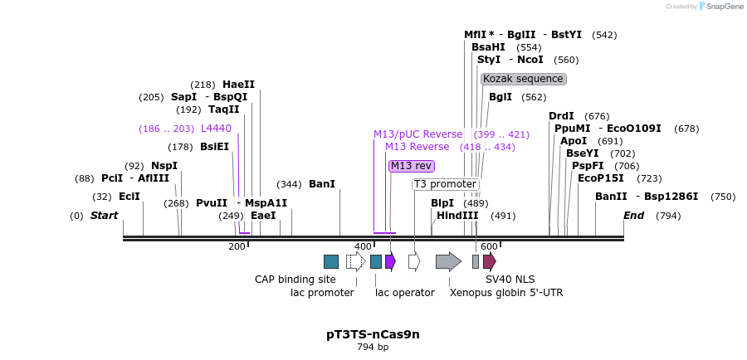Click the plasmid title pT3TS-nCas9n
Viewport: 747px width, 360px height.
373,334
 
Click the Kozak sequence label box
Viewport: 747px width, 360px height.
523,79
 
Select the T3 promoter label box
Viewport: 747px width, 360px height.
445,184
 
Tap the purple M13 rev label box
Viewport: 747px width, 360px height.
411,166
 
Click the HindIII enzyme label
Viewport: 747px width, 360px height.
457,216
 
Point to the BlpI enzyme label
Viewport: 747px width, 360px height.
442,202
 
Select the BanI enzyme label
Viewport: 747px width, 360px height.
322,184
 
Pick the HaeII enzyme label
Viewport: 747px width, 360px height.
238,85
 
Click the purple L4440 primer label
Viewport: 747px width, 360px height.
216,129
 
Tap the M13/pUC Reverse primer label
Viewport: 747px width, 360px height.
417,134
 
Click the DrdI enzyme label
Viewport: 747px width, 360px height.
561,116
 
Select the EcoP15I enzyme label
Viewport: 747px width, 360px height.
601,178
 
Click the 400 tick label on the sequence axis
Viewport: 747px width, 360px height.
363,246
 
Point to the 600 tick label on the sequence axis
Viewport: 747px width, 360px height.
488,246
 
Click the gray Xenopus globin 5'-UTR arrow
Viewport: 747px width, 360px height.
448,262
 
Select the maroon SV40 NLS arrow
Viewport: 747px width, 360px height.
489,262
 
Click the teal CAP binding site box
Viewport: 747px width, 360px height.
331,262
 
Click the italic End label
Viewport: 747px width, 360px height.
634,216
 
